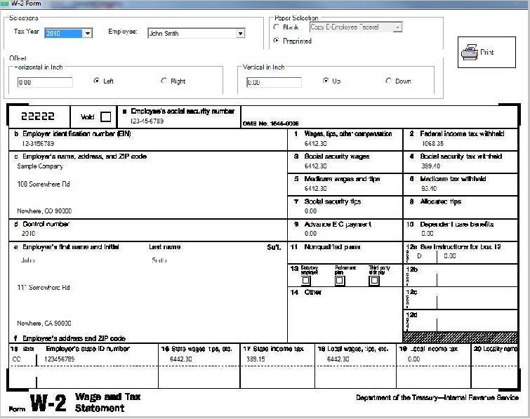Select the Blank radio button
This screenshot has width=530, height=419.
(x=277, y=27)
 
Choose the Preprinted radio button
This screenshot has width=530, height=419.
(x=277, y=41)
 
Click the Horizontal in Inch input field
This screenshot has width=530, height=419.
(x=45, y=82)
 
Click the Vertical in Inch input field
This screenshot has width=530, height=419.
(x=274, y=82)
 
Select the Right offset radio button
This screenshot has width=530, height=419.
(x=164, y=81)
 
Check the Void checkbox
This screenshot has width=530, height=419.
(x=105, y=117)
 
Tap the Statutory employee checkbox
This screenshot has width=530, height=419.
(x=305, y=280)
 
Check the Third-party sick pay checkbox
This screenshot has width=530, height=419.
(x=374, y=280)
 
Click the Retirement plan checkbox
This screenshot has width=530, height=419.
(x=340, y=280)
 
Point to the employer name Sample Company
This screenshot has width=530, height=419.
(x=40, y=166)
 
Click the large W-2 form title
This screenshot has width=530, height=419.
(x=48, y=403)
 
